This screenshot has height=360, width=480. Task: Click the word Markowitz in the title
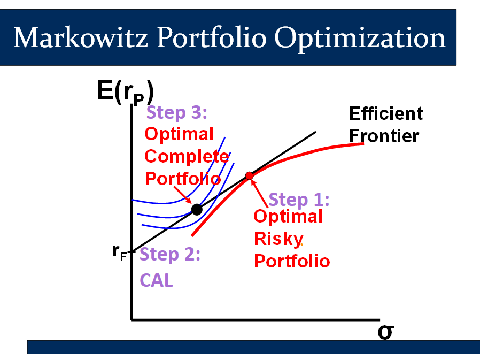(81, 37)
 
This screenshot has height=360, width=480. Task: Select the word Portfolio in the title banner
(212, 37)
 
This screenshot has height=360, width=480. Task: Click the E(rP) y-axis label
(126, 93)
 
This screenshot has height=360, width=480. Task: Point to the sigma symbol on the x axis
(386, 332)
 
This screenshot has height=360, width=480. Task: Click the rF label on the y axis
(120, 253)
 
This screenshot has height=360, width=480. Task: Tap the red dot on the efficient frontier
(249, 176)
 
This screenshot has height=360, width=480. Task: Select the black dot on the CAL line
(197, 210)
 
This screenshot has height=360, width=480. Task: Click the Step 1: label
(299, 200)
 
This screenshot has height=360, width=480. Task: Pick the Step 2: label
(170, 254)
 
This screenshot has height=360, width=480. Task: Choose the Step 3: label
(177, 112)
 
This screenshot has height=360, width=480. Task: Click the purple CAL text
(157, 280)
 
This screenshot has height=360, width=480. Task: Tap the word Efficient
(386, 113)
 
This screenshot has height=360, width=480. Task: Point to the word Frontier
(384, 136)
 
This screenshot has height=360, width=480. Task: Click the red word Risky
(278, 239)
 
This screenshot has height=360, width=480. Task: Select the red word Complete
(187, 156)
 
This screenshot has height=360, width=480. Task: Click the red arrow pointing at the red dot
(260, 194)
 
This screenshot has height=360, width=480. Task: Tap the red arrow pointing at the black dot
(183, 195)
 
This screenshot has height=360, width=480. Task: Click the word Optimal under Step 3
(179, 134)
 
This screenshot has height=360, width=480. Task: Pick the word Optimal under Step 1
(288, 217)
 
